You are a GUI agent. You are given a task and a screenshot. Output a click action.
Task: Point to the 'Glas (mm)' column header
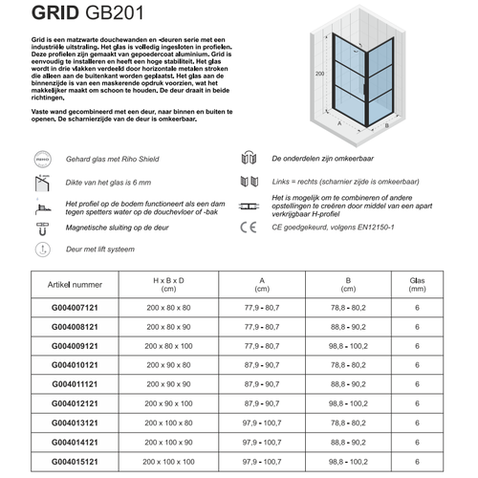417,284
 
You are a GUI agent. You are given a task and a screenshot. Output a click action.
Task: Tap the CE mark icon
248,228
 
